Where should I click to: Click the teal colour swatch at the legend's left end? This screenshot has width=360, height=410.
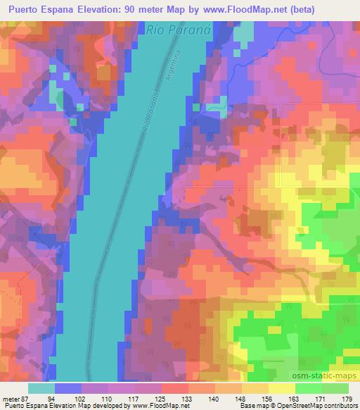tap(41, 388)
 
